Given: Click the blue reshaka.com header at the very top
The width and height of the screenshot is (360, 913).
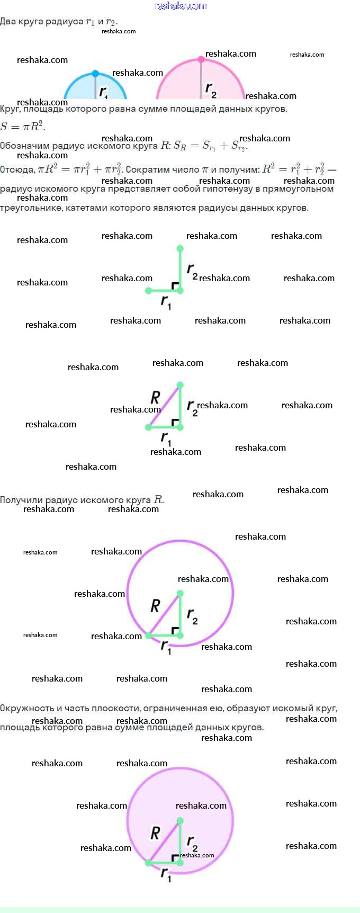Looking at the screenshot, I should click(x=180, y=6).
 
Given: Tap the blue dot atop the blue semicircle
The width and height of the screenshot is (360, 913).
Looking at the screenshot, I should click(x=95, y=74).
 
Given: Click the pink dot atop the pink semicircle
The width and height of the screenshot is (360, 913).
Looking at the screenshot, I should click(x=201, y=59).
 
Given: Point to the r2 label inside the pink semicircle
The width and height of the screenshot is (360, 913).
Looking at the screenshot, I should click(x=211, y=89).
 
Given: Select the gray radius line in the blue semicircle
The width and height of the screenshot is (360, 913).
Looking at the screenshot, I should click(x=95, y=87).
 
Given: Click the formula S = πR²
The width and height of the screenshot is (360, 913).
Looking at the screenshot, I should click(x=23, y=127).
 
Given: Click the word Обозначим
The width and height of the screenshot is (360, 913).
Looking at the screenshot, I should click(x=25, y=146).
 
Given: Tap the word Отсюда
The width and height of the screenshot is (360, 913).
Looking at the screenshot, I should click(x=17, y=170).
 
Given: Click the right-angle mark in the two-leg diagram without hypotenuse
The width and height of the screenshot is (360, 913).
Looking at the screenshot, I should click(x=175, y=286).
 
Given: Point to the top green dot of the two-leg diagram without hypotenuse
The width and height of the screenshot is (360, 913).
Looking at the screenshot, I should click(x=180, y=248).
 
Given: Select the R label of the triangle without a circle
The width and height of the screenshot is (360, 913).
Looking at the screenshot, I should click(x=155, y=397).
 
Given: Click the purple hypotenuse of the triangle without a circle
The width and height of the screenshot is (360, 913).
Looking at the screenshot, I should click(x=164, y=406).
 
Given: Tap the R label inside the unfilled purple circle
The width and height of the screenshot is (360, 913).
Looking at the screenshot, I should click(x=155, y=605).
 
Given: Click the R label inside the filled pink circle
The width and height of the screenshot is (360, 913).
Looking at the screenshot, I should click(x=155, y=833).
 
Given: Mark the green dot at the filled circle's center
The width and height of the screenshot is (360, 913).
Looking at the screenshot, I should click(x=180, y=820).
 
